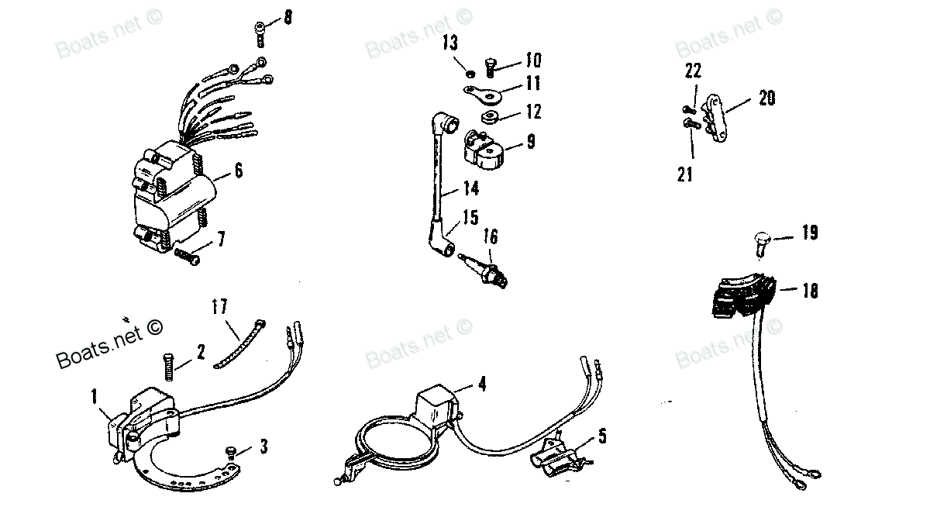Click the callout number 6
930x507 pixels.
239,171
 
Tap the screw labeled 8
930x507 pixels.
260,35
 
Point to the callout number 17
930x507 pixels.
220,306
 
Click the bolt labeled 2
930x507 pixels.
169,367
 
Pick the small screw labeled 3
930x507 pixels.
230,453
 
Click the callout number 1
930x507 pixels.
95,396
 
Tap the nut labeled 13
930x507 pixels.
470,74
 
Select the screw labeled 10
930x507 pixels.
491,68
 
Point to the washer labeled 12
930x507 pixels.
490,117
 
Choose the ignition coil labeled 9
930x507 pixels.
484,150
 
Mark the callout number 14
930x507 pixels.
471,188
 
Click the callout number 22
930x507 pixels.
693,71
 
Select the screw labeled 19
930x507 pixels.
761,244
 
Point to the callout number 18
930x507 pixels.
811,291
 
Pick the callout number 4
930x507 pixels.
482,384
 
